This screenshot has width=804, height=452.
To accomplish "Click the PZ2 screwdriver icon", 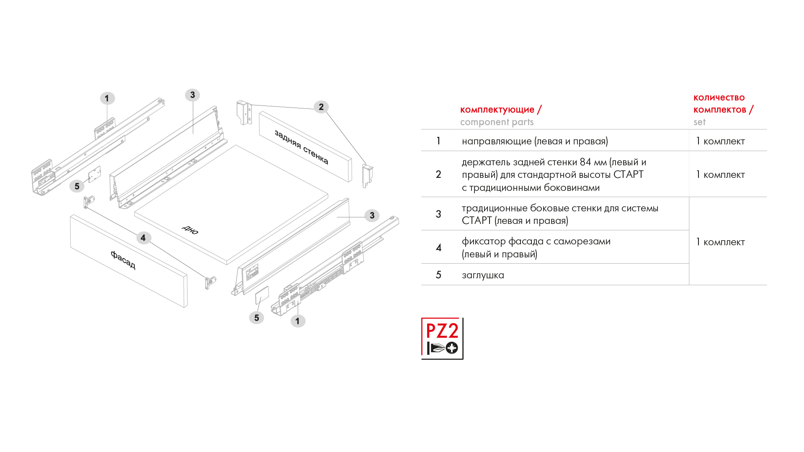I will [x=442, y=338].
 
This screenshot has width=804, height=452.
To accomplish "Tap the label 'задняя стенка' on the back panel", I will [x=301, y=147].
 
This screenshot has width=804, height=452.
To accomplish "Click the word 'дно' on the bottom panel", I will [x=190, y=229].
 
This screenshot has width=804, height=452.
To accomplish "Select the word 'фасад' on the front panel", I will [x=123, y=259].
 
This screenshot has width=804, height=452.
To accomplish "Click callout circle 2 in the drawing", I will [x=321, y=107].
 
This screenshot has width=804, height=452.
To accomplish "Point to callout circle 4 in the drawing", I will [x=143, y=238].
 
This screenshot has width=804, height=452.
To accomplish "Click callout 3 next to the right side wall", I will [x=372, y=216].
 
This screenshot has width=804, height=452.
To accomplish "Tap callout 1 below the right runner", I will [x=298, y=321].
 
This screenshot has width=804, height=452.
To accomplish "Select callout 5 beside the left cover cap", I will [x=77, y=186].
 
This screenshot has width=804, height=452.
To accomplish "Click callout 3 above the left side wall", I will [x=193, y=95].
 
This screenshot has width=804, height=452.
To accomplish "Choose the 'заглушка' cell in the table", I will [x=483, y=275].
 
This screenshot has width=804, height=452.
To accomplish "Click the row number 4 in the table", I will [x=438, y=247].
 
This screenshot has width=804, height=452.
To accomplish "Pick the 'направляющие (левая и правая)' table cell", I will [x=535, y=141].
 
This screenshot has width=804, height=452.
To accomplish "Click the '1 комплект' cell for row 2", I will [x=720, y=175].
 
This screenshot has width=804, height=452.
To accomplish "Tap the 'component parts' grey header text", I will [x=497, y=122].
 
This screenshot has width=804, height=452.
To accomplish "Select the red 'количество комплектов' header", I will [x=719, y=103].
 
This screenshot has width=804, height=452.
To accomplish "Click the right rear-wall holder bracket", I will [x=367, y=175].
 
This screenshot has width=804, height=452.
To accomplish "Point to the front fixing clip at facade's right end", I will [x=210, y=282].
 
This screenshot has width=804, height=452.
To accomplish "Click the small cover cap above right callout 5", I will [x=262, y=295].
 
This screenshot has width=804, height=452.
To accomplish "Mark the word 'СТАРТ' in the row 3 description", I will [x=477, y=221].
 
